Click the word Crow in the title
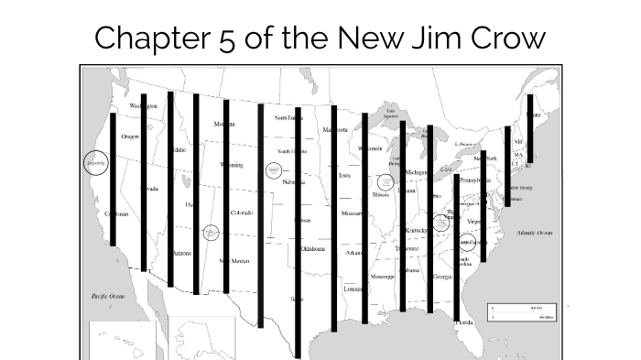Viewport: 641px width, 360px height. point(508,38)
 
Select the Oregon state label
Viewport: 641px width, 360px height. point(130,136)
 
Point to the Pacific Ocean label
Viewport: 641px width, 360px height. point(107,297)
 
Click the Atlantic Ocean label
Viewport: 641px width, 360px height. point(535,233)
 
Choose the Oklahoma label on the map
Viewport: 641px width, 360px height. point(313,248)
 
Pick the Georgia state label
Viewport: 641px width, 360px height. point(441,277)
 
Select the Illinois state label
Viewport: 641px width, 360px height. point(381,195)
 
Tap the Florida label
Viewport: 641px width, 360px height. point(465,322)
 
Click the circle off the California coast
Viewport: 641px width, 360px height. point(96,163)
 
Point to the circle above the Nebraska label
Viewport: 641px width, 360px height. point(273,169)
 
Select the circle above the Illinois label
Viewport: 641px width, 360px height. point(385,181)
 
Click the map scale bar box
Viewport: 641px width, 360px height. point(524,313)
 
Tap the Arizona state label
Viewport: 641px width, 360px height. point(181,253)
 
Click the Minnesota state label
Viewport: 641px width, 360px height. point(334,130)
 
